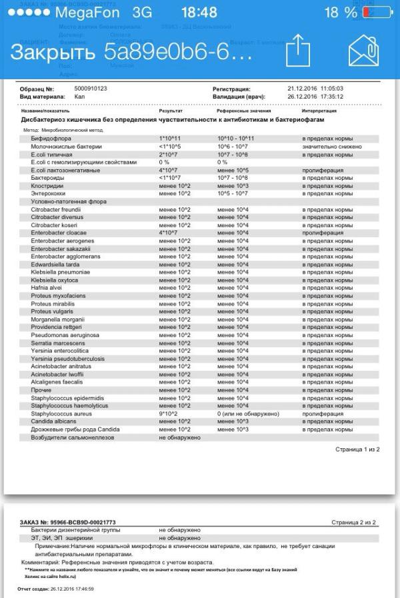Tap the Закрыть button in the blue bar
click(51, 52)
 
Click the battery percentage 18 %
click(341, 13)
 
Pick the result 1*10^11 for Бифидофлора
click(171, 138)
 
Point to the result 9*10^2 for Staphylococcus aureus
click(169, 414)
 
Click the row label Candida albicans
click(57, 422)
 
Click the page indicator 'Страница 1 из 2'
click(357, 449)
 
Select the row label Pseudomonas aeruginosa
click(65, 335)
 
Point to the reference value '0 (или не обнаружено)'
click(247, 414)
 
